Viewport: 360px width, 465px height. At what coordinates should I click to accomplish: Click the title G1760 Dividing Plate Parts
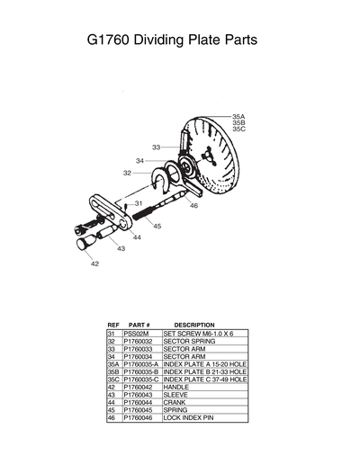pyautogui.click(x=172, y=40)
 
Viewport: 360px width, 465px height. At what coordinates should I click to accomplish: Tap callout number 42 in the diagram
pyautogui.click(x=94, y=264)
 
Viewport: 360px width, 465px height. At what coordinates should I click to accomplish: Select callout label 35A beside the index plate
pyautogui.click(x=238, y=117)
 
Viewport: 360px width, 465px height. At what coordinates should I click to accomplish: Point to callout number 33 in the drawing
pyautogui.click(x=156, y=147)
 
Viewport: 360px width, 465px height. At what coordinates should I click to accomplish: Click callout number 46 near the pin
pyautogui.click(x=193, y=206)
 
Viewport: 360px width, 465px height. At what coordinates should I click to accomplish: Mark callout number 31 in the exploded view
pyautogui.click(x=139, y=204)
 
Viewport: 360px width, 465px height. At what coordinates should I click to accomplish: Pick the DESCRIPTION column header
pyautogui.click(x=194, y=325)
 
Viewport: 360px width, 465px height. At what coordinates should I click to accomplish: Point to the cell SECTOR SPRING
pyautogui.click(x=188, y=341)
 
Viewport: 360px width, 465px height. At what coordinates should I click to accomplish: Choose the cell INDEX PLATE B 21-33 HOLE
pyautogui.click(x=204, y=371)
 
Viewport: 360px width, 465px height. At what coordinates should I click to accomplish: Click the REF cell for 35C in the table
pyautogui.click(x=113, y=380)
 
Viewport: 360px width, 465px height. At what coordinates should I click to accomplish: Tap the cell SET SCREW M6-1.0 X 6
pyautogui.click(x=197, y=333)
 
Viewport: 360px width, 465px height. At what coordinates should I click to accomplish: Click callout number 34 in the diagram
pyautogui.click(x=139, y=161)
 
